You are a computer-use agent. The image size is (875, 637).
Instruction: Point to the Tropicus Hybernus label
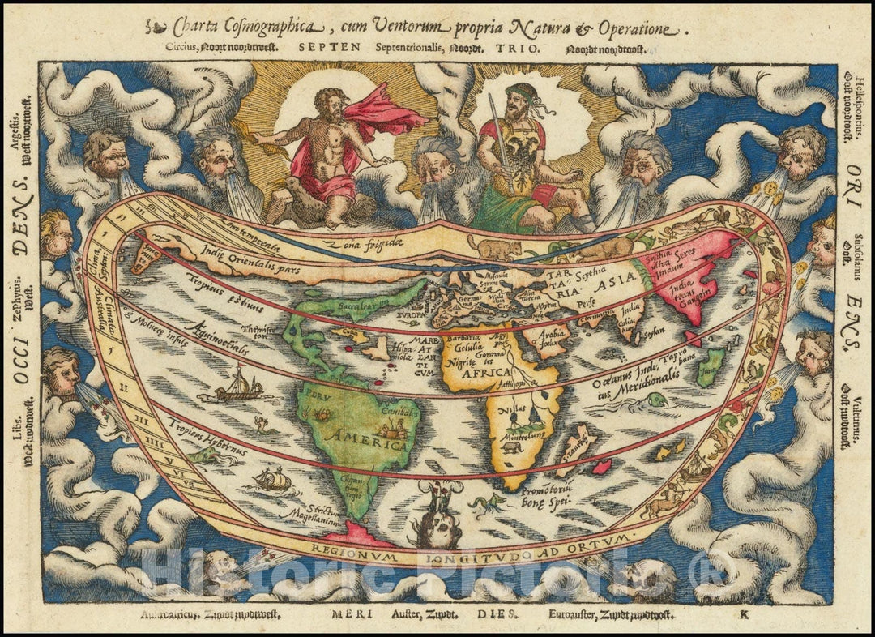[201, 434]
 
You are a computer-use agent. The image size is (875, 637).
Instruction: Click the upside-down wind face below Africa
[435, 527]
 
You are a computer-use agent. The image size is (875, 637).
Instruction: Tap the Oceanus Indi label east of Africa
[608, 382]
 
